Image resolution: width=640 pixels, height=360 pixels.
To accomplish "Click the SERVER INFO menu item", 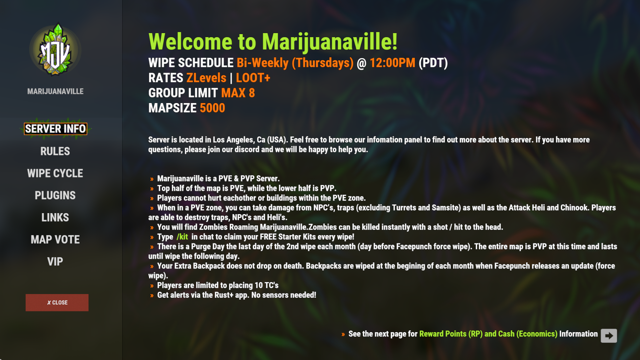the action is click(x=55, y=129).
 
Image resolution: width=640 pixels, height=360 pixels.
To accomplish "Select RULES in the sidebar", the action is click(x=55, y=151).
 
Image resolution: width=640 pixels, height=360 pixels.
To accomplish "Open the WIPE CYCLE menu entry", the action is click(x=55, y=173).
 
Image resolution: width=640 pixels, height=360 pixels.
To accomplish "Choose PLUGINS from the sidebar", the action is click(x=55, y=195).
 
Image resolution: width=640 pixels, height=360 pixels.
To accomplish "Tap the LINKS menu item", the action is click(x=55, y=217).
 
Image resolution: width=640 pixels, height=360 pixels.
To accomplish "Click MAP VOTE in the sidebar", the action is click(x=55, y=239).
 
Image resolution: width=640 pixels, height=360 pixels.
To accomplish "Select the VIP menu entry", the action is click(x=55, y=262).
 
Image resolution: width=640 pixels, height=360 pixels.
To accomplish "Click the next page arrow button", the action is click(x=609, y=336).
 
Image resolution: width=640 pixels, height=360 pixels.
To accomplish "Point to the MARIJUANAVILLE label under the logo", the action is click(x=55, y=91).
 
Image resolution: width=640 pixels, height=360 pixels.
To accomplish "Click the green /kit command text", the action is click(x=182, y=237).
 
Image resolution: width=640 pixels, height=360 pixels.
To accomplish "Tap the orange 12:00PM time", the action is click(x=392, y=63).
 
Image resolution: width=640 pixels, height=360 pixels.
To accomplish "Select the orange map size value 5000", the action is click(x=212, y=108).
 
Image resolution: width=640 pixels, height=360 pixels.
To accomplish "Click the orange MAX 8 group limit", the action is click(x=238, y=93).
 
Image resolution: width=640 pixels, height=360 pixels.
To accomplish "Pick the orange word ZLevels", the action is click(x=206, y=78).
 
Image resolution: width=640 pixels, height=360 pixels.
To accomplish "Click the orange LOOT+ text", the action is click(x=253, y=78).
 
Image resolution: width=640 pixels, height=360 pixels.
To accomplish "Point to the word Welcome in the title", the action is click(x=190, y=42).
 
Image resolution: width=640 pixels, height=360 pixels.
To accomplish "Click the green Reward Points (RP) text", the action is click(x=451, y=334).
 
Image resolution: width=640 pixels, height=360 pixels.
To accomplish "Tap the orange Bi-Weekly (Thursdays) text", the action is click(x=295, y=63).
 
